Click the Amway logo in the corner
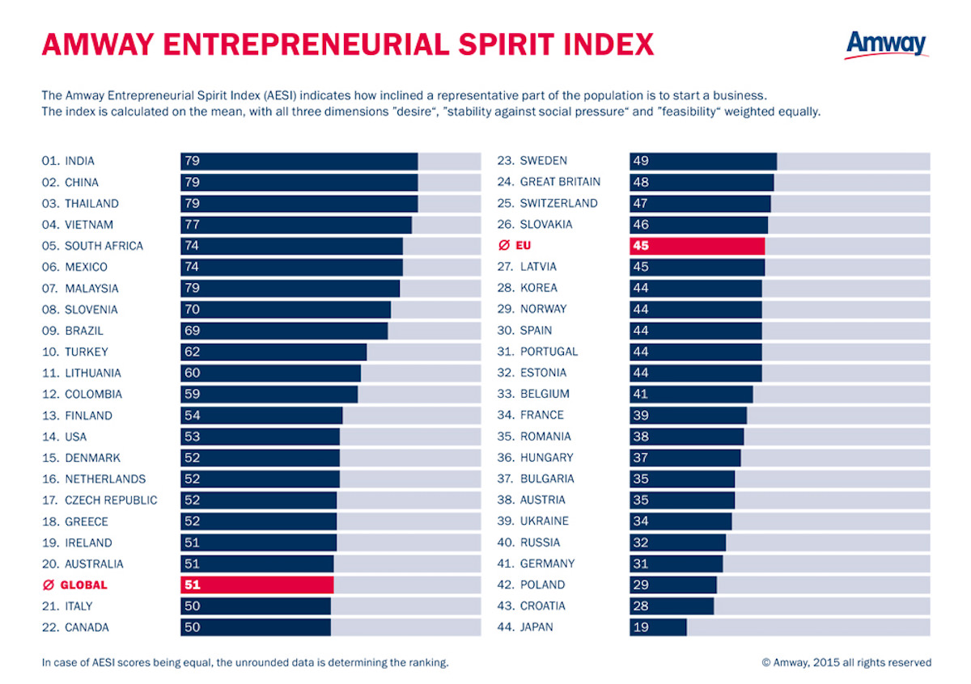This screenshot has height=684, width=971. tap(887, 44)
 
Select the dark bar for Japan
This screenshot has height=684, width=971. tap(658, 627)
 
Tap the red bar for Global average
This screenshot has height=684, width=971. tap(257, 585)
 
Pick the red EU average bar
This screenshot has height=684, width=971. tap(697, 245)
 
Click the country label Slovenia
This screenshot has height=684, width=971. tap(91, 310)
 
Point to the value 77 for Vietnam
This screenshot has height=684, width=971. tap(193, 225)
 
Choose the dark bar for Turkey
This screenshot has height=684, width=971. tap(273, 352)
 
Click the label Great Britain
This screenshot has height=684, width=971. tap(560, 182)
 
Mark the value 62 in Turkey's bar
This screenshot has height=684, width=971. tap(193, 352)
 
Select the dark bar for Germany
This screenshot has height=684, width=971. tap(676, 564)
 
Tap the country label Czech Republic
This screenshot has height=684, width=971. tap(111, 500)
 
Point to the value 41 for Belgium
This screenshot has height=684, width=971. tap(641, 394)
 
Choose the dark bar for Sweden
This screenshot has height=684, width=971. tap(703, 161)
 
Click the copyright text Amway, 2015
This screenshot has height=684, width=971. tap(846, 662)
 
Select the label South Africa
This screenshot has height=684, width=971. tap(104, 246)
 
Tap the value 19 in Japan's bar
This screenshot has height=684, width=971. tap(641, 627)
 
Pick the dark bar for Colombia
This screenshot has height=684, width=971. tap(269, 395)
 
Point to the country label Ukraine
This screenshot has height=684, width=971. tap(545, 521)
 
